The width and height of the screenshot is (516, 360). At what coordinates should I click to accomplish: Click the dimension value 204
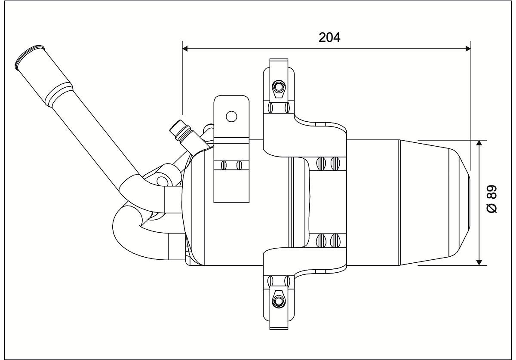click(x=329, y=37)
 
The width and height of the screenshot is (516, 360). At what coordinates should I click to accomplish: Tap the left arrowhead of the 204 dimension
click(x=185, y=49)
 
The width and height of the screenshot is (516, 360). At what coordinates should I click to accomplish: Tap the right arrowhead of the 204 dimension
click(x=468, y=49)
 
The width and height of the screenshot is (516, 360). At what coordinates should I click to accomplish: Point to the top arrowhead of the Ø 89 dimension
click(x=479, y=143)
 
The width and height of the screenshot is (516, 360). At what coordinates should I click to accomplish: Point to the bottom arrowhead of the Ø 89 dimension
click(x=479, y=262)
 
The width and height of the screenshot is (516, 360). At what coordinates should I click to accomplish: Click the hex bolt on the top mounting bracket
click(x=279, y=87)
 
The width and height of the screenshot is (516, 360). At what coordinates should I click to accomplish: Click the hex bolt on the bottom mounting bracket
click(x=279, y=300)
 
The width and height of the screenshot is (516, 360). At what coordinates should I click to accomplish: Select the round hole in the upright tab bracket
click(x=231, y=117)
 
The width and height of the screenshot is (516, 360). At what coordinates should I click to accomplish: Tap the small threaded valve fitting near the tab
click(x=182, y=134)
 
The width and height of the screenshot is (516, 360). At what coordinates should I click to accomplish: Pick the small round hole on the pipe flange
click(x=163, y=181)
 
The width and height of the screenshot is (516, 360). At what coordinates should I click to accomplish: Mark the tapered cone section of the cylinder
click(x=424, y=203)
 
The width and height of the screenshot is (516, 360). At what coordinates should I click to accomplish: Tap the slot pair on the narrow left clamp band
click(x=232, y=165)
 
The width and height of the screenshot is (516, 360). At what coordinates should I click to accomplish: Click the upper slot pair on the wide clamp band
click(x=329, y=163)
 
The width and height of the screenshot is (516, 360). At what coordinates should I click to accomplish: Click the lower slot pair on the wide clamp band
click(x=329, y=240)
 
